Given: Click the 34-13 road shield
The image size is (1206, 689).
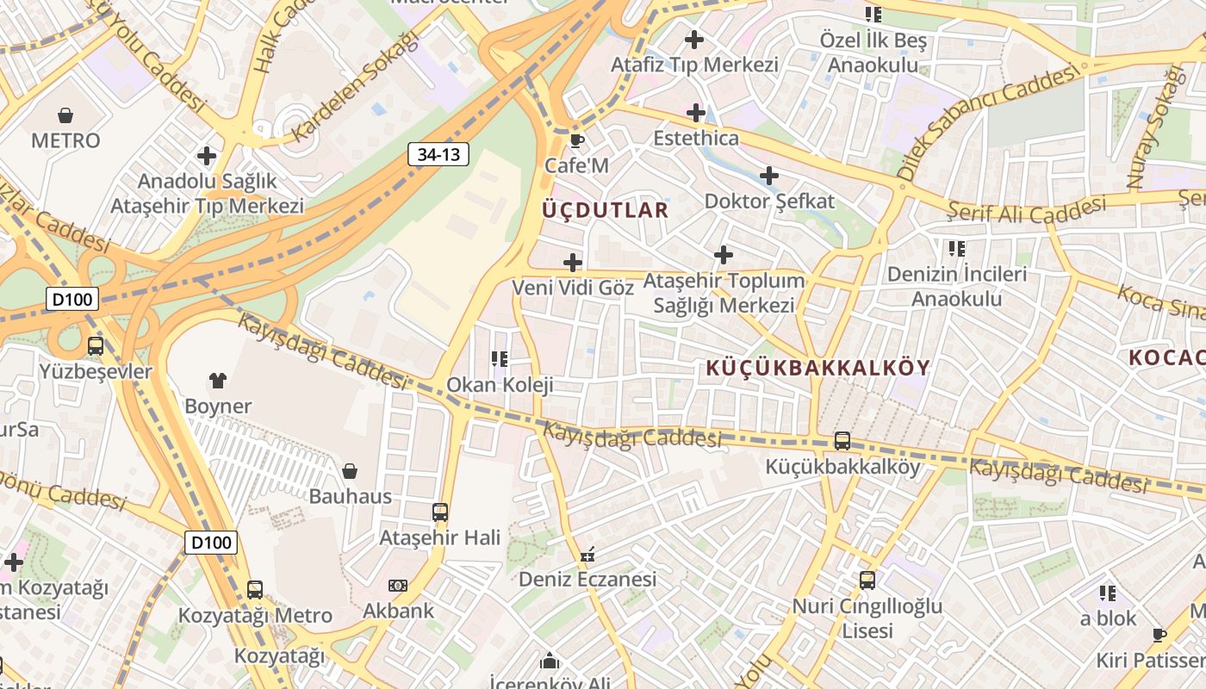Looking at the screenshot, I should point(438,154).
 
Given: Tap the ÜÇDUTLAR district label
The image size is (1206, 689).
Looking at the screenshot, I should point(606,210).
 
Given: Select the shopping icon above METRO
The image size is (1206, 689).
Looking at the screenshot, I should point(65,115).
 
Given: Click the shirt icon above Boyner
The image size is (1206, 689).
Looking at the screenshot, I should point(217,380).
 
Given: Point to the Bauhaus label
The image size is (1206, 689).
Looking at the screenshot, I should point(350,496).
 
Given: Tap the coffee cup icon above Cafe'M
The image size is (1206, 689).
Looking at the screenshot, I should point(576,140).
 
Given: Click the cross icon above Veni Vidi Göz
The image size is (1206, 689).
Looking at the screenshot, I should point(573,262).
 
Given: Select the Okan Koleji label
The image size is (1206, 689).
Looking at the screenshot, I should point(500,384).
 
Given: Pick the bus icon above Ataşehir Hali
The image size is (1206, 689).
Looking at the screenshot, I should point(440,512).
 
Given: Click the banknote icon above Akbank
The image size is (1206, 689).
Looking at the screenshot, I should point(397,586).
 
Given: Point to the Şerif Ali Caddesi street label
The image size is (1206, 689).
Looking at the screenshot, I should point(1026,210).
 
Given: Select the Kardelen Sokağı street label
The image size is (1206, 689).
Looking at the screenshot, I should point(354,88).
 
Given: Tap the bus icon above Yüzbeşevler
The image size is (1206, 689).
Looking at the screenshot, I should point(96,346).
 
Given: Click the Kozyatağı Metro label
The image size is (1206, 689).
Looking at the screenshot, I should point(255,616).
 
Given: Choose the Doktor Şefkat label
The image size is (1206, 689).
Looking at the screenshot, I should point(769,202).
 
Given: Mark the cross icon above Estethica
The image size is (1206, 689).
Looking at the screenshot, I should point(695,113).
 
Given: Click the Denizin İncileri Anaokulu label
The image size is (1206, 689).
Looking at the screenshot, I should point(957,287).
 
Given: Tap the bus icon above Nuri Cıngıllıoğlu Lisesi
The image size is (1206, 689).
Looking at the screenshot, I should point(867,580).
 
